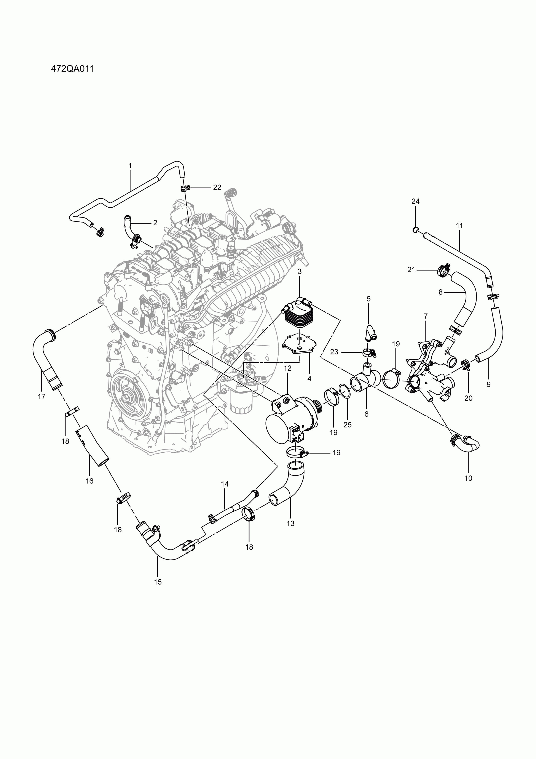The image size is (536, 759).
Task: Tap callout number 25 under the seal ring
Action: click(347, 425)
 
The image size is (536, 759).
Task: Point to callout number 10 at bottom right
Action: click(468, 478)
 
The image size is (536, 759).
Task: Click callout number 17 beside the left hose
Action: click(41, 397)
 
